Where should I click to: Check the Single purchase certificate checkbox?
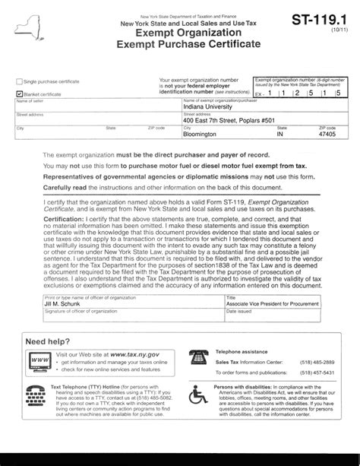[x=19, y=81]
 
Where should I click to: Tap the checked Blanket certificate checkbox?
[x=19, y=94]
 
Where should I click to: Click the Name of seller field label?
[x=29, y=101]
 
